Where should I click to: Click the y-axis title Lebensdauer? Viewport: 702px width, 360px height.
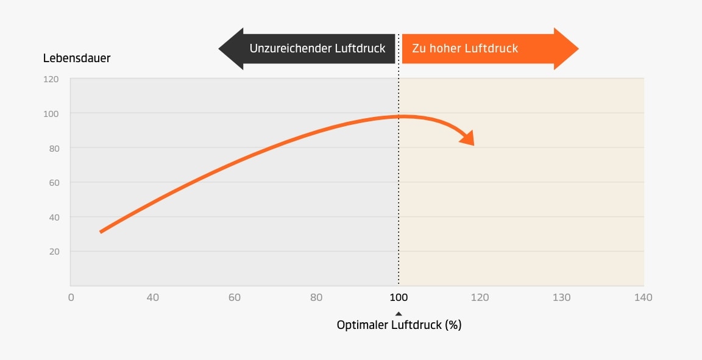[x=76, y=58]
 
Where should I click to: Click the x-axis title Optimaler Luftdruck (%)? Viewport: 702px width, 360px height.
[x=399, y=325]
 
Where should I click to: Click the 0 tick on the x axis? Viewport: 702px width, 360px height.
[x=71, y=297]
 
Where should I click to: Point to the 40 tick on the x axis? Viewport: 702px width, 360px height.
[x=152, y=297]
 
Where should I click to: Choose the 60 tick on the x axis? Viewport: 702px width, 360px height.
[x=235, y=297]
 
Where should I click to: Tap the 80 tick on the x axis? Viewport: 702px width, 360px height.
[x=316, y=297]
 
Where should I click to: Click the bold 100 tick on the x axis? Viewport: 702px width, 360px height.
[x=399, y=297]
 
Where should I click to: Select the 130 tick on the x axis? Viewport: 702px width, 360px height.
[x=561, y=297]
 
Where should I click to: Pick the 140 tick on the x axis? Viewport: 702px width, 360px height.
[x=643, y=297]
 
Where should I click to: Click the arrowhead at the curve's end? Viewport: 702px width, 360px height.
[x=468, y=138]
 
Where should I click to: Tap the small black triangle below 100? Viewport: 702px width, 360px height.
[x=399, y=314]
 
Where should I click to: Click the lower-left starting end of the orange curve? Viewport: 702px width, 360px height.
[x=101, y=231]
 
